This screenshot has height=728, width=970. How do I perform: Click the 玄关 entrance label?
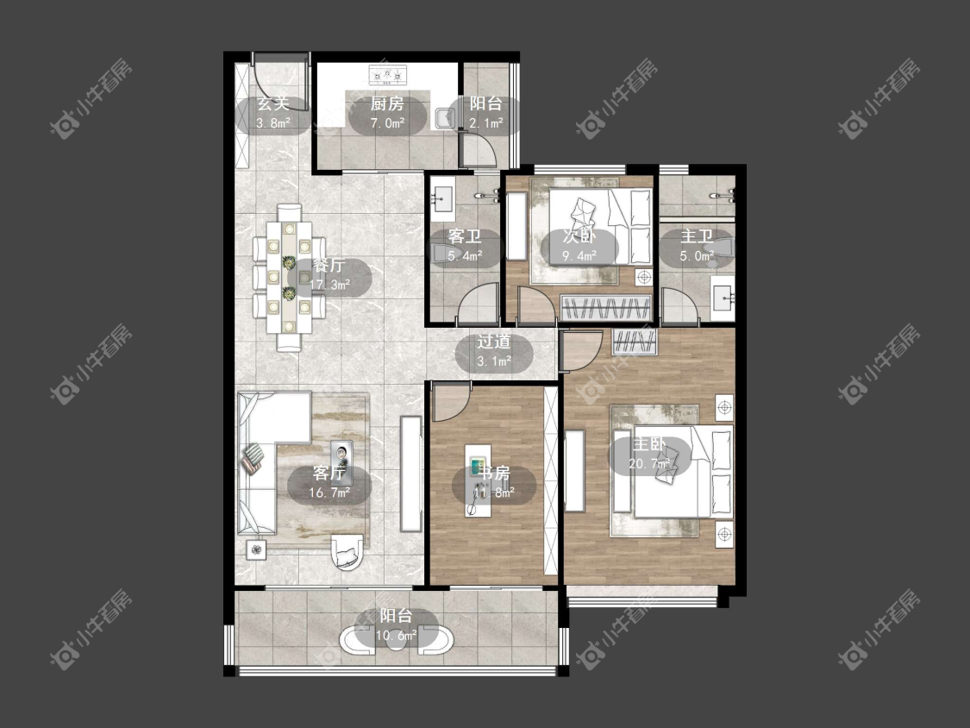tap(272, 104)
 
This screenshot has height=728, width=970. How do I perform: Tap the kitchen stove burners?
tap(388, 75)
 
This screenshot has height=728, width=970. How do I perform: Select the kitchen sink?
tap(445, 117)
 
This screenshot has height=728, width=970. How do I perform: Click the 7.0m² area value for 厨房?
tap(387, 123)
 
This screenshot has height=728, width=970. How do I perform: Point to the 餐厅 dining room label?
tap(329, 266)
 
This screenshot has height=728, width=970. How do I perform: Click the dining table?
tap(288, 278)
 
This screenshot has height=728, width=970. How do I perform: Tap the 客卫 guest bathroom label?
tap(465, 236)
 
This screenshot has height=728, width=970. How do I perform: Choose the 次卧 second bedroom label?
tap(579, 235)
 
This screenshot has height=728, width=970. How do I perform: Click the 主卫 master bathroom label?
tap(697, 236)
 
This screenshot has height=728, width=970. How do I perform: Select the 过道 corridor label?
tap(494, 342)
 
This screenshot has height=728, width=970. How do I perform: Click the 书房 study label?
tap(494, 473)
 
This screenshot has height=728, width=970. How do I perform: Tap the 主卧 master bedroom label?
tap(649, 444)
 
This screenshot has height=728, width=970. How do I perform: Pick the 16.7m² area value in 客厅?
tap(329, 493)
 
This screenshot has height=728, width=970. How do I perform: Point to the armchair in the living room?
tap(347, 551)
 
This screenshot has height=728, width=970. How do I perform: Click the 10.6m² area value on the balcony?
tap(396, 635)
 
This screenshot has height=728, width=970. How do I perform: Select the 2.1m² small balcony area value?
tap(485, 123)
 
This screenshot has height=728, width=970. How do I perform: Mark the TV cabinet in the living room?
tap(410, 474)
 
